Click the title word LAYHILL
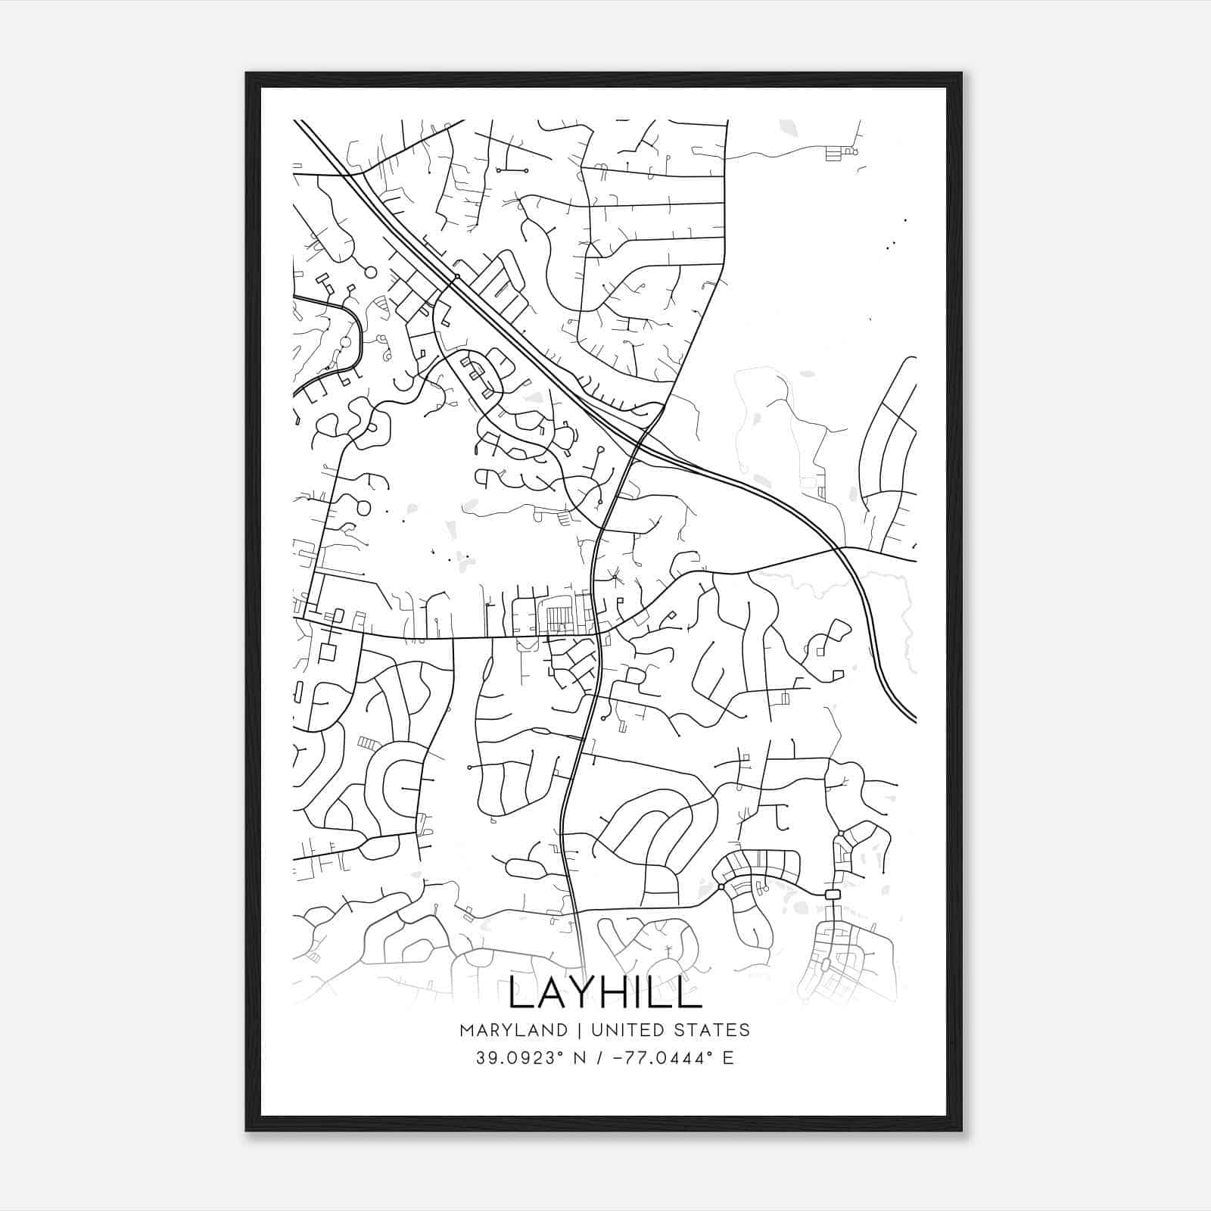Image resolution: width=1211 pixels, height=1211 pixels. coord(605,992)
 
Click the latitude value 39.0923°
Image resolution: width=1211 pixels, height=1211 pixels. coord(521,1057)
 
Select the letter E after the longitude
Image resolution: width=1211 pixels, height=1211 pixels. coord(728,1057)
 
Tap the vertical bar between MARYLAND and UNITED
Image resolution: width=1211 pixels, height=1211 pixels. coord(579,1030)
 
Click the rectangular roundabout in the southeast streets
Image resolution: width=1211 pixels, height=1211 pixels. coord(833,895)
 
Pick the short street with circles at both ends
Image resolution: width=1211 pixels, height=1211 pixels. coord(512,171)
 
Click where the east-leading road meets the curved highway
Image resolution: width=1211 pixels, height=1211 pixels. coord(842,547)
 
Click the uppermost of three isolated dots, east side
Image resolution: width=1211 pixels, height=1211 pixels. coord(905,220)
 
